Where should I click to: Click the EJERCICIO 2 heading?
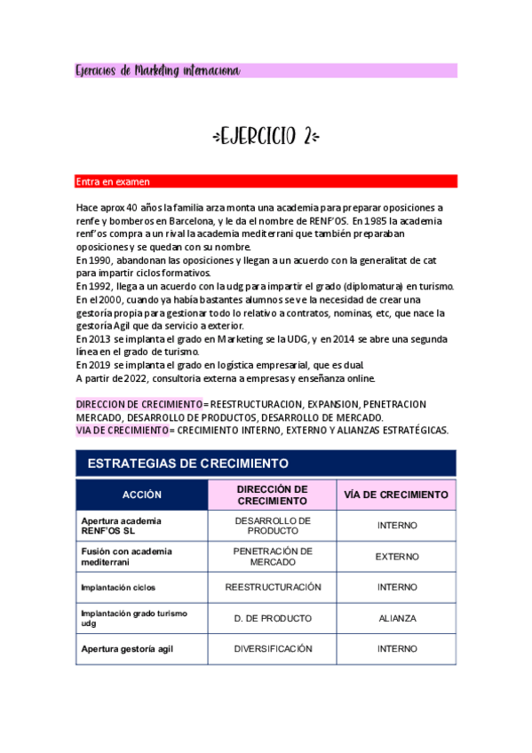click(266, 137)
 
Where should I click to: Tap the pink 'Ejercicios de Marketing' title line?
click(158, 70)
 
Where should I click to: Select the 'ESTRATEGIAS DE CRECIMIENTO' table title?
click(188, 464)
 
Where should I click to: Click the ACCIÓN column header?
click(141, 495)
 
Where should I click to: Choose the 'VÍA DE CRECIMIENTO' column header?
click(396, 495)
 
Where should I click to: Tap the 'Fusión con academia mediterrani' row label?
click(126, 557)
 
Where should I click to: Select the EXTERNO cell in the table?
click(396, 557)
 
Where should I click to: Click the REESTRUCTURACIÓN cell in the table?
click(273, 587)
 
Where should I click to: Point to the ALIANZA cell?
click(396, 618)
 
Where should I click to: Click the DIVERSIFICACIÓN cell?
click(273, 649)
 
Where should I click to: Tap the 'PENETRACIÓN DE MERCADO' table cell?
click(273, 557)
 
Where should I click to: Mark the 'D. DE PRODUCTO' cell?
click(273, 618)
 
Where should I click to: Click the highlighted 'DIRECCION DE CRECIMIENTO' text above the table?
click(139, 404)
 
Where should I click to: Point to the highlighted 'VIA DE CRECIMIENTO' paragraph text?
click(123, 430)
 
